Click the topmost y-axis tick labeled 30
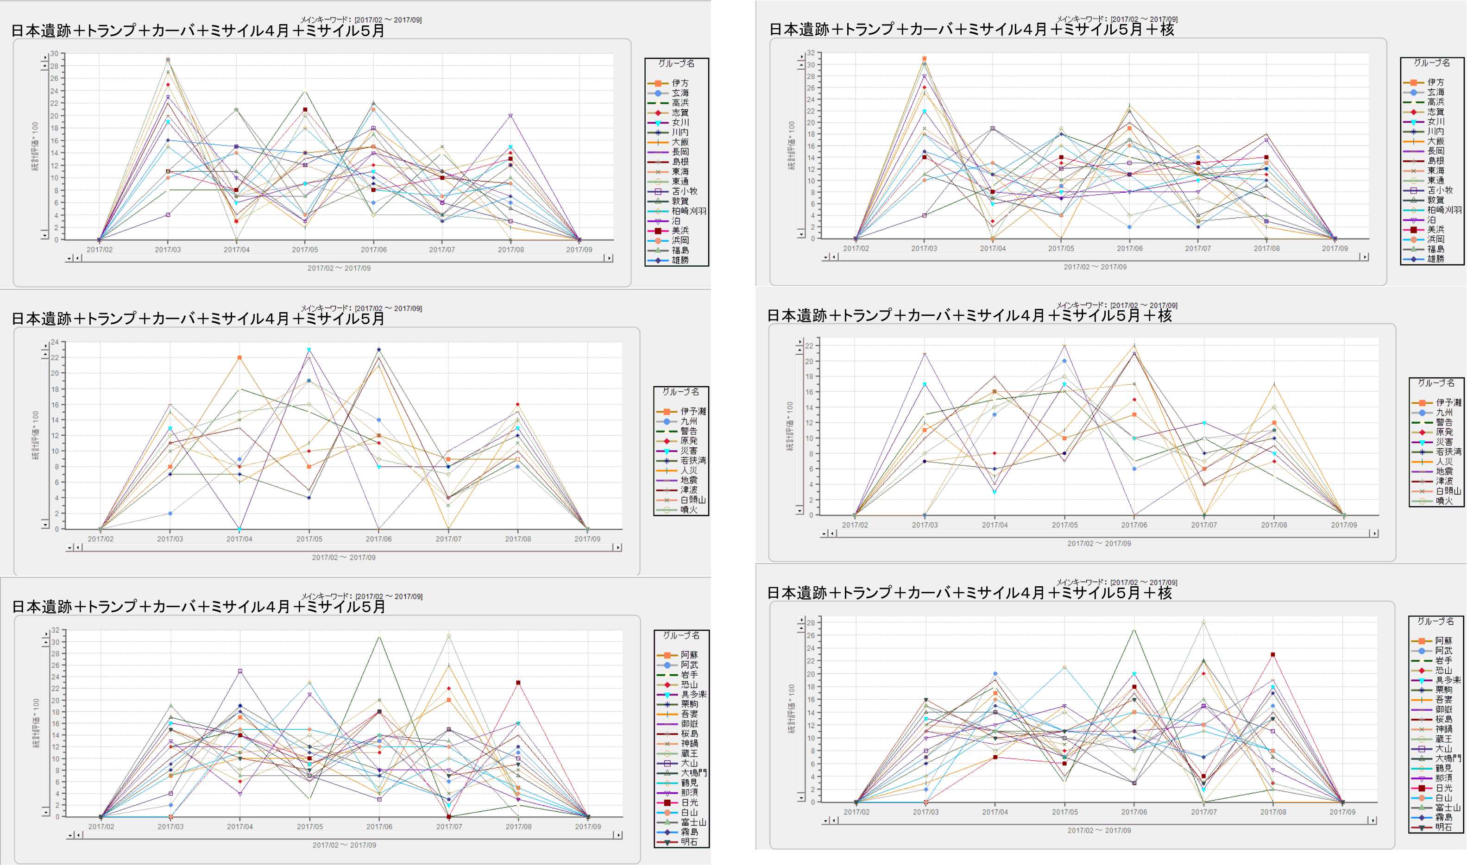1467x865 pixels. tap(54, 54)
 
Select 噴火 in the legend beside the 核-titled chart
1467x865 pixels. tap(1444, 501)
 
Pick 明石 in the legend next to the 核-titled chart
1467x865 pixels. tap(1443, 827)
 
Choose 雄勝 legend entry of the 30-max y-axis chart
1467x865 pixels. tap(680, 260)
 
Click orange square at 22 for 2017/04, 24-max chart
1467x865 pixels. tap(239, 357)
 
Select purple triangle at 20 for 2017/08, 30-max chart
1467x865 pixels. tap(511, 116)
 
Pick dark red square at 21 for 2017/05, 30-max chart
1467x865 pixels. tap(305, 110)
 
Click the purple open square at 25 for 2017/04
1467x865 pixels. tap(239, 671)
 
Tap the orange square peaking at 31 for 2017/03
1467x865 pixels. tap(924, 59)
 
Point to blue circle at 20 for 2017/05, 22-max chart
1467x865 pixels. tap(1064, 361)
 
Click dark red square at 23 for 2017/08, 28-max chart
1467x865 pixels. tap(1273, 655)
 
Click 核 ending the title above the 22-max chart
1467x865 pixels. tap(1165, 315)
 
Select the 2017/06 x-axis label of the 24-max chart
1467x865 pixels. tap(378, 539)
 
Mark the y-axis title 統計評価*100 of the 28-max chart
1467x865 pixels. tap(791, 709)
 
